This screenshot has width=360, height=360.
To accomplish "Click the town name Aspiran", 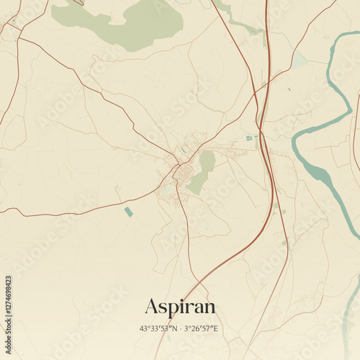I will coord(180,307).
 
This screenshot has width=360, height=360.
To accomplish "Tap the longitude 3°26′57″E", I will coord(199,329).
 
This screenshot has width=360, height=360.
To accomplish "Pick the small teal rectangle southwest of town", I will coord(128,212).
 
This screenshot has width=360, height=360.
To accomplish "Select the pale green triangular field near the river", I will coord(299,61).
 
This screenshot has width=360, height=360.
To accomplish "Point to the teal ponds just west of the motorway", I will coord(249,138).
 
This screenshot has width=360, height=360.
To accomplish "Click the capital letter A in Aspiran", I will coord(151,306).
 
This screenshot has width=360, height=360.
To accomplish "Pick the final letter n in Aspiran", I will coord(209,308).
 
